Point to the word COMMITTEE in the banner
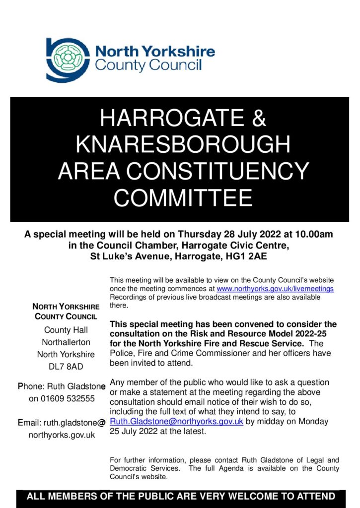pyautogui.click(x=183, y=198)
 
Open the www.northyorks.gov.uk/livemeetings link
pyautogui.click(x=275, y=288)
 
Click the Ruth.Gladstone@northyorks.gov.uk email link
pyautogui.click(x=176, y=421)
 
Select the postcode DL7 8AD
pyautogui.click(x=66, y=367)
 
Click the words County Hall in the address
pyautogui.click(x=66, y=330)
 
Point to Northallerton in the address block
pyautogui.click(x=66, y=342)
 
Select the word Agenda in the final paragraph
pyautogui.click(x=234, y=468)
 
